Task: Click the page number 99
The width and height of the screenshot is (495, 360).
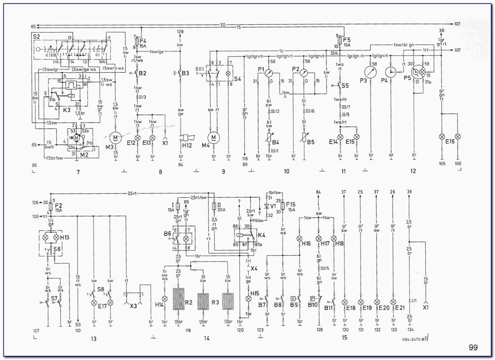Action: [473, 348]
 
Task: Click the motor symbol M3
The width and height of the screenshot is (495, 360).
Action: [116, 137]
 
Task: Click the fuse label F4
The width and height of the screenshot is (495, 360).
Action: [143, 40]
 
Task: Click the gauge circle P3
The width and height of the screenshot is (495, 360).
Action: [371, 72]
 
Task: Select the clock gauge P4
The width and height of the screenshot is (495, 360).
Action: [390, 72]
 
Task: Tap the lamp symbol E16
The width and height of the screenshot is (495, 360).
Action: [442, 136]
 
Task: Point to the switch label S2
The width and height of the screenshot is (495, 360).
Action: [36, 37]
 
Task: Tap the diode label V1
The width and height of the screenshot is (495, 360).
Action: [273, 205]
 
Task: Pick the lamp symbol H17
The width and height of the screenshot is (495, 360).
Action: [318, 239]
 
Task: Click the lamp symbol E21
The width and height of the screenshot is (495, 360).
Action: [393, 302]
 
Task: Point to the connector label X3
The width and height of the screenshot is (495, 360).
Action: [133, 306]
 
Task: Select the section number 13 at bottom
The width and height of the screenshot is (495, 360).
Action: [94, 339]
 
